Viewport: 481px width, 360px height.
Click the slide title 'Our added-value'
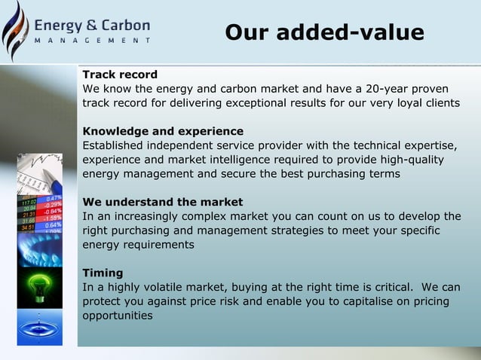324,33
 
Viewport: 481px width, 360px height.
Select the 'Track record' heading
120,75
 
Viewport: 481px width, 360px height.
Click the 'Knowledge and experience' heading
163,131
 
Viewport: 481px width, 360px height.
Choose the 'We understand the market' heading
162,202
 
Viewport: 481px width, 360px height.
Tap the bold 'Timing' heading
103,273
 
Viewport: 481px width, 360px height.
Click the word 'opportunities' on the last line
118,316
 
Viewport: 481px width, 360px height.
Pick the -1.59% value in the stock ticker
54,218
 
